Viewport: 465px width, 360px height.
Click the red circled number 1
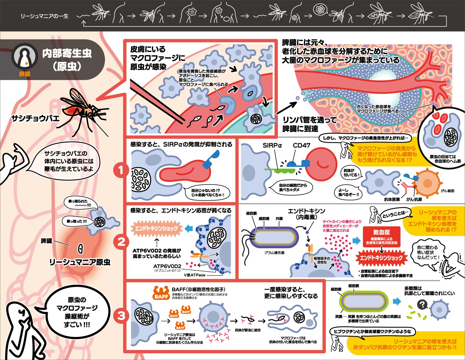click(x=121, y=170)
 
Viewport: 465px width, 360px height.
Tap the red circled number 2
click(x=121, y=242)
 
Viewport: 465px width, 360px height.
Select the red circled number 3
click(x=121, y=316)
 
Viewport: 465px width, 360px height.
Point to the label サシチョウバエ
click(x=35, y=118)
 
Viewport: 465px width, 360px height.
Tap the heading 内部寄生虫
click(x=67, y=54)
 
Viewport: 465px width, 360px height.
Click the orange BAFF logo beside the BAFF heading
click(x=161, y=293)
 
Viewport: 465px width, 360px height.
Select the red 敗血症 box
click(x=381, y=236)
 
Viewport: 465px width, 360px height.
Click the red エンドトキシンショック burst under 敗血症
click(x=381, y=258)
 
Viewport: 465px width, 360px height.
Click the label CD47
click(x=302, y=146)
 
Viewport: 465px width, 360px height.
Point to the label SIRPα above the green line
click(x=272, y=146)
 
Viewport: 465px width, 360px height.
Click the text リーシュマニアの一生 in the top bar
click(x=45, y=16)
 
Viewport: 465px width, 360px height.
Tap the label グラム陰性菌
click(x=274, y=253)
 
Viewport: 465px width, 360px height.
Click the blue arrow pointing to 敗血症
click(x=356, y=241)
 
